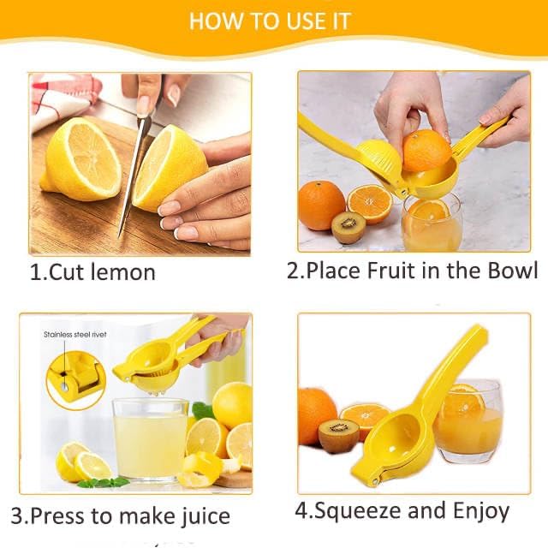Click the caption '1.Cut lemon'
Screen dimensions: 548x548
[93, 273]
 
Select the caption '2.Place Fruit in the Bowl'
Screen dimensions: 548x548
[412, 271]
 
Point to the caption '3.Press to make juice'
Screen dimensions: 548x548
[121, 516]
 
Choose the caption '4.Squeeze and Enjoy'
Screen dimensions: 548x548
[402, 512]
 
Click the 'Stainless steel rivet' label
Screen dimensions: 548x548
[75, 335]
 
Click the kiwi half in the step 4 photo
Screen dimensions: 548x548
[338, 435]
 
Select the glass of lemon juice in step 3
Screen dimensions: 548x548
[150, 438]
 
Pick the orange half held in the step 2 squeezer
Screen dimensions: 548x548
[426, 150]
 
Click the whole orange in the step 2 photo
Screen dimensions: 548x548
[321, 205]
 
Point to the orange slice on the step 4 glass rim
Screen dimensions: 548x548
[462, 399]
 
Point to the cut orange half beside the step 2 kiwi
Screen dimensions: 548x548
[370, 203]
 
